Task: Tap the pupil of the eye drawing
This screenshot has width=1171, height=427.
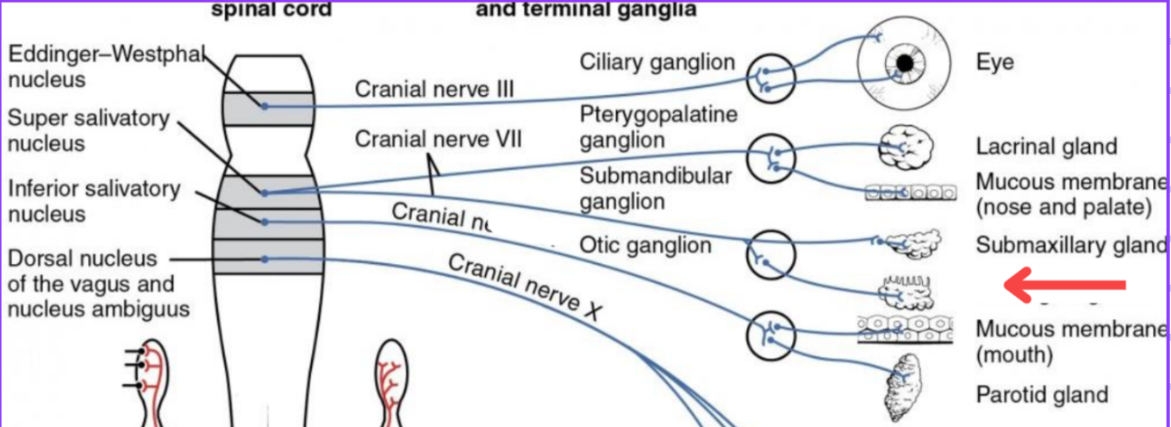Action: click(x=904, y=63)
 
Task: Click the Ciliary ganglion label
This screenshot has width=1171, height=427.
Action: click(x=657, y=62)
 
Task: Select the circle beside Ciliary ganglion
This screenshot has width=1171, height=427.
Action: click(x=769, y=77)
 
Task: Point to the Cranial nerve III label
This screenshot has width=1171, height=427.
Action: click(x=434, y=90)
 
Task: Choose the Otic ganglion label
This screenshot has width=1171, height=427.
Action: click(x=645, y=245)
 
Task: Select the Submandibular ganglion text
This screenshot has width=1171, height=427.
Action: click(x=655, y=188)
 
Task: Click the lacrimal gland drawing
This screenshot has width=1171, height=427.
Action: click(x=906, y=148)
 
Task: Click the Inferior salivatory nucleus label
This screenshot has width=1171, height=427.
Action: click(x=94, y=200)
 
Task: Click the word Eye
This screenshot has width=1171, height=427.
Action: click(x=994, y=62)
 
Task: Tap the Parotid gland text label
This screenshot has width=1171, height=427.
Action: click(x=1041, y=394)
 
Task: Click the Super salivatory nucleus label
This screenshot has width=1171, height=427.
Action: click(x=89, y=129)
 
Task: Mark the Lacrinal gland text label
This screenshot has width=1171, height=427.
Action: click(x=1046, y=147)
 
